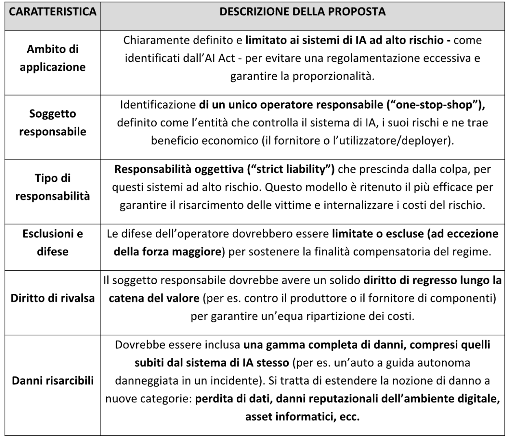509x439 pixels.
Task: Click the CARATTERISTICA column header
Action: click(x=52, y=12)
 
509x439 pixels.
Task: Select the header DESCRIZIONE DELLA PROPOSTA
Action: click(x=302, y=12)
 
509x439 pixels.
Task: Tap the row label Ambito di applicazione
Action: click(x=52, y=58)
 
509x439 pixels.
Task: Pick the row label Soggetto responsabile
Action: click(x=52, y=122)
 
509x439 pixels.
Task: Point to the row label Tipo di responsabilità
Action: click(x=52, y=187)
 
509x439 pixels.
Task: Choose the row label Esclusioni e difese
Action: click(x=52, y=243)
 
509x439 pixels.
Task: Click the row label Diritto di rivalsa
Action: click(x=52, y=298)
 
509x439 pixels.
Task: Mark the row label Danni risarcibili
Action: click(x=52, y=381)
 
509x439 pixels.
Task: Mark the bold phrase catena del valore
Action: click(x=154, y=298)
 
